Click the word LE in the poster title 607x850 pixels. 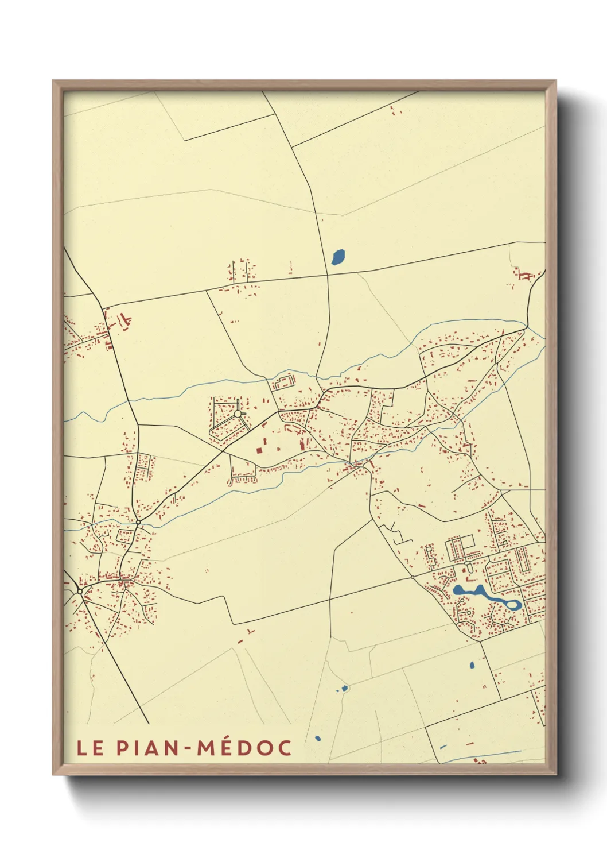click(x=90, y=748)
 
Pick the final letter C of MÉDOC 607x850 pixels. click(x=285, y=748)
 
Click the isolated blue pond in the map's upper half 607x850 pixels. click(x=338, y=257)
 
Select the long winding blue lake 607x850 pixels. click(x=482, y=595)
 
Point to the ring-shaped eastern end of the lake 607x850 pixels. click(x=512, y=604)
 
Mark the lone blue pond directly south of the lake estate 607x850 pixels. click(x=472, y=665)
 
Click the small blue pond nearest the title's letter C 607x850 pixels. click(x=318, y=739)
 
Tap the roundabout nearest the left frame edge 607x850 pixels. click(x=79, y=590)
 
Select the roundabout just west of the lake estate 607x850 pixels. click(x=413, y=576)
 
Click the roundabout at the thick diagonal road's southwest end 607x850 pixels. click(x=138, y=521)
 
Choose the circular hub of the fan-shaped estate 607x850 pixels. click(x=238, y=413)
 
